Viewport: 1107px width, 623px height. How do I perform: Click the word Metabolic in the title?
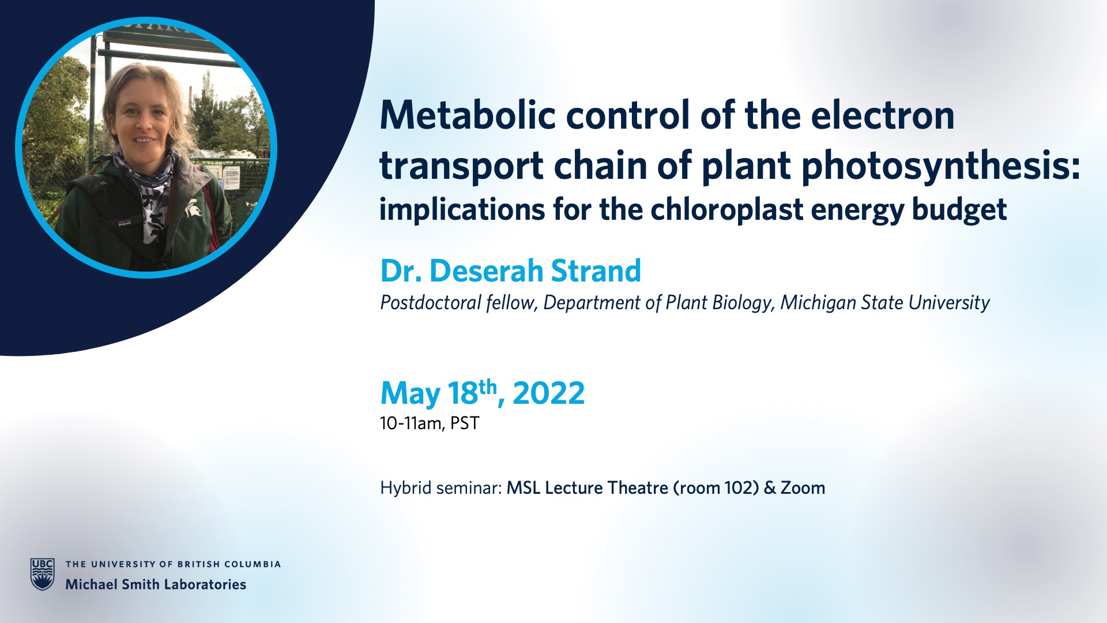468,115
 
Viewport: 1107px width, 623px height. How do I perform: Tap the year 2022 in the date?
548,393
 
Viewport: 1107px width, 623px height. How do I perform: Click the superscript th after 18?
487,386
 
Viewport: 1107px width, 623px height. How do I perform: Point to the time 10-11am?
411,423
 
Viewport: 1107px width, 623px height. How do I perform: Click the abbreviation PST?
465,423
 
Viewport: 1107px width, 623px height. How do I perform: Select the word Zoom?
803,488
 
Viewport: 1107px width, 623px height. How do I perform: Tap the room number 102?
741,488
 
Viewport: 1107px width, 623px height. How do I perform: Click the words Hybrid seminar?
440,488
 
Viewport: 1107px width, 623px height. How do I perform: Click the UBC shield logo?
43,574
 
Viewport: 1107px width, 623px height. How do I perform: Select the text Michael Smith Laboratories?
156,584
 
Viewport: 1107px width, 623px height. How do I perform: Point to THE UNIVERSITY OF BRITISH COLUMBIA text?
173,564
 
